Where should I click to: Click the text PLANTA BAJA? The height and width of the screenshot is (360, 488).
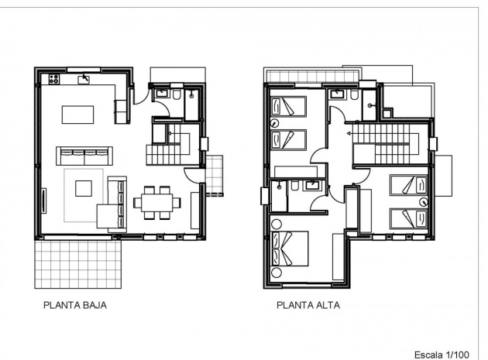coord(74,305)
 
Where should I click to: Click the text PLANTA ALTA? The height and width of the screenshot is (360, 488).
coord(308,305)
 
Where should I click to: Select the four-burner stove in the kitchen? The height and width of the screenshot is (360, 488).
coord(54,78)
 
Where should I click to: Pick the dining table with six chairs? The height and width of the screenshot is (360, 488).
coord(157,202)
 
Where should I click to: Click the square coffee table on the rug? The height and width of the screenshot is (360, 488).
coord(83,188)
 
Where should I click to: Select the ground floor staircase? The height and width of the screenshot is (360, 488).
coord(172,147)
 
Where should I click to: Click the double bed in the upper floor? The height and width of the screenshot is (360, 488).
coord(290,250)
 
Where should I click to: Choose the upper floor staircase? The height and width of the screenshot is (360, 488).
coord(386,144)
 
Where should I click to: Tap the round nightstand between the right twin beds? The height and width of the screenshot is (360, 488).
coord(423,201)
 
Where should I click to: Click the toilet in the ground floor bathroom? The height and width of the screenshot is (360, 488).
coord(178,95)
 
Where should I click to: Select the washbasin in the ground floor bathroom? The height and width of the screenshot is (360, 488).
coord(162,93)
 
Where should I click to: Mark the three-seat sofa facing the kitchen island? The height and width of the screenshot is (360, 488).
coord(80,153)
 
